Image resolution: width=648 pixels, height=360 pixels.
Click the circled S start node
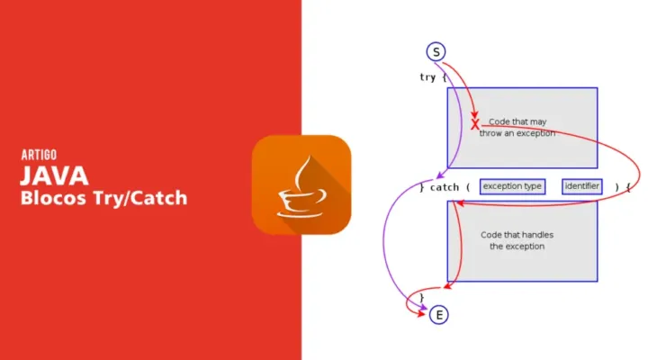click(x=436, y=51)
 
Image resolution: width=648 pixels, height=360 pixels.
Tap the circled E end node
click(x=439, y=315)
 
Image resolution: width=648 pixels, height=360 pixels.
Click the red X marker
click(x=475, y=124)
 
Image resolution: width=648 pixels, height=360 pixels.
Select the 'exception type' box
click(x=512, y=186)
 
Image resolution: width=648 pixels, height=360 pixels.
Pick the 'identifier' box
click(x=582, y=186)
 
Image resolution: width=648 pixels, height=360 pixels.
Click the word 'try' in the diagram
click(x=427, y=77)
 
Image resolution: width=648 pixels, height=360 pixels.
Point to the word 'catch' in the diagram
click(x=445, y=187)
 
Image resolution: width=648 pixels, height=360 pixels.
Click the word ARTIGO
click(x=39, y=155)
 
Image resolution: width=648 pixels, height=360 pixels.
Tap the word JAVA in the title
click(x=54, y=175)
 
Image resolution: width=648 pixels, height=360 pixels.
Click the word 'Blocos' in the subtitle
click(x=54, y=198)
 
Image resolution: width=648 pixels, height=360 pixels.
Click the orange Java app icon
click(x=301, y=184)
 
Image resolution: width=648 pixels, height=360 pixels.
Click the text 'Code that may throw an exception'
click(x=517, y=127)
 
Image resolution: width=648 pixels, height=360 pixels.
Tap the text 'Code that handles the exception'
click(x=517, y=240)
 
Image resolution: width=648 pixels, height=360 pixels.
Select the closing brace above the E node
click(x=421, y=297)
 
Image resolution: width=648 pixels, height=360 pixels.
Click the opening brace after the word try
click(x=445, y=77)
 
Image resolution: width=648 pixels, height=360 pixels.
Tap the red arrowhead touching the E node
click(x=421, y=314)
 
